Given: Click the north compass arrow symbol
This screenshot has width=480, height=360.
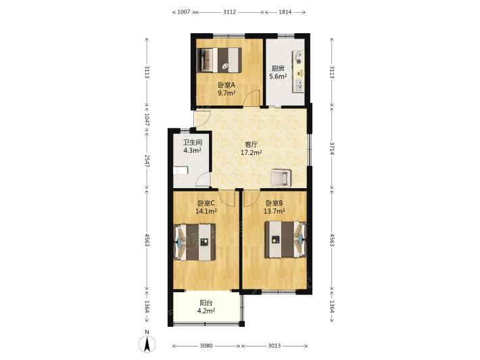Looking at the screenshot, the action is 147,344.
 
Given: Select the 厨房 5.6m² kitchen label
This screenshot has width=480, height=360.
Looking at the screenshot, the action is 278,72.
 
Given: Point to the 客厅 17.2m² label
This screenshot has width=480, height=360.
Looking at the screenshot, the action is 251,148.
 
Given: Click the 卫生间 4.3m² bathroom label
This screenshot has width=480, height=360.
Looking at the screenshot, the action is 192,146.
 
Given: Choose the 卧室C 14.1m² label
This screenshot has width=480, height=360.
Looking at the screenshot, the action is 206,207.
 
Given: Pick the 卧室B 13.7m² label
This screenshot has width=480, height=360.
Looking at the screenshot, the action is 274,207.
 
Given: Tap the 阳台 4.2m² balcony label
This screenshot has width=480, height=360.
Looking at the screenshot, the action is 206,307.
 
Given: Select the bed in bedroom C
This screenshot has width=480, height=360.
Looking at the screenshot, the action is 195,242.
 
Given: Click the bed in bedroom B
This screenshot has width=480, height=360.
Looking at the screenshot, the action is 285,240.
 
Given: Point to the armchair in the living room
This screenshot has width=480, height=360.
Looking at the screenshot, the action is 281,178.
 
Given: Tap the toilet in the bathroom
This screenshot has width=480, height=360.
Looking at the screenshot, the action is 180,171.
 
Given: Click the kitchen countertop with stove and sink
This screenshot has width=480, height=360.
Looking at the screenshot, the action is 298,72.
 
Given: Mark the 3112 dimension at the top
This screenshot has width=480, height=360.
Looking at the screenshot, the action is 229,12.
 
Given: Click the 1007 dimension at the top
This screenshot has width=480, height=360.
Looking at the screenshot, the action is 184,12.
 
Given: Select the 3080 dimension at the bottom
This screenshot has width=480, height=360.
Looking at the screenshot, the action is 206,346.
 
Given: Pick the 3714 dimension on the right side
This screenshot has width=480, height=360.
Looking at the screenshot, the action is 332,148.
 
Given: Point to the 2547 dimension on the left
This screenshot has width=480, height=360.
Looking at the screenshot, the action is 147,160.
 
